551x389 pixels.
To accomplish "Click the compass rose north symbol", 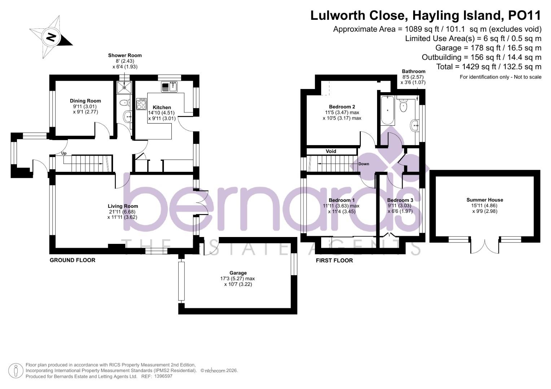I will (51, 37).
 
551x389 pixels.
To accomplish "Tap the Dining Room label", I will (85, 101).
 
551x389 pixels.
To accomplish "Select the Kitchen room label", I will (162, 107).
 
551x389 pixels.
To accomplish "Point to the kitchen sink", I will (169, 86).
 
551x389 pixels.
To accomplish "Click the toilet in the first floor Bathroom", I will (403, 106).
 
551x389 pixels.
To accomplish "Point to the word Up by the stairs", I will (64, 153).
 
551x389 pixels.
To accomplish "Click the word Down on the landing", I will (364, 164).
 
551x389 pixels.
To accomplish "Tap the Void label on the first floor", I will (331, 151).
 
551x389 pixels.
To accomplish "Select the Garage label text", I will (238, 273).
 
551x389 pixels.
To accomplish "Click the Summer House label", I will (485, 200).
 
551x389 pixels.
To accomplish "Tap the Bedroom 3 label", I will (400, 200).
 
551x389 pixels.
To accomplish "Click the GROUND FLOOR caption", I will (72, 260).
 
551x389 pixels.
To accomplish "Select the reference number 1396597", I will (163, 376).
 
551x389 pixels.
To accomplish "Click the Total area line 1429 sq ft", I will (489, 67).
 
